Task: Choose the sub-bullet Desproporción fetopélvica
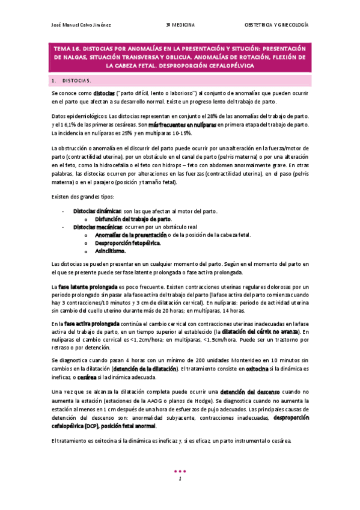[x=127, y=243]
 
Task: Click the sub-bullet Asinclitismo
[x=111, y=251]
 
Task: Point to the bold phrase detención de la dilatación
[x=144, y=367]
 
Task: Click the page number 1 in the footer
[x=180, y=478]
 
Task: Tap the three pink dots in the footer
[x=180, y=470]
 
